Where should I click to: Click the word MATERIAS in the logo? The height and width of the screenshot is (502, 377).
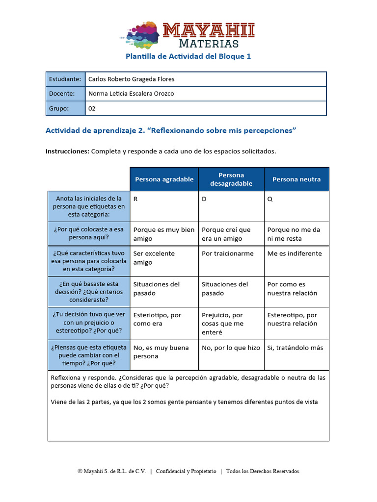pyautogui.click(x=209, y=44)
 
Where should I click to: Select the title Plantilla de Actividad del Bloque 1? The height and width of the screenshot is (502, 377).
pyautogui.click(x=188, y=56)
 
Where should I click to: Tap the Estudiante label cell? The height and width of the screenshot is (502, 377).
pyautogui.click(x=65, y=79)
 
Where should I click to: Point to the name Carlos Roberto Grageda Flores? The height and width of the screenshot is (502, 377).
pyautogui.click(x=131, y=79)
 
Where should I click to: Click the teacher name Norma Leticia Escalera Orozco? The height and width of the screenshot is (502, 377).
pyautogui.click(x=131, y=94)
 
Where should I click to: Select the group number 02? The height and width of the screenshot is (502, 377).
pyautogui.click(x=92, y=108)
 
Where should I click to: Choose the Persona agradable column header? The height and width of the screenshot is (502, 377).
pyautogui.click(x=164, y=179)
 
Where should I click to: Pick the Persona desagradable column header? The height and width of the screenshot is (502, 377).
pyautogui.click(x=231, y=179)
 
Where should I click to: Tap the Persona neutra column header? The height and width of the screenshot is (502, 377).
pyautogui.click(x=296, y=179)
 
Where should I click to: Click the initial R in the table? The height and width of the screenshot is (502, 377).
pyautogui.click(x=135, y=199)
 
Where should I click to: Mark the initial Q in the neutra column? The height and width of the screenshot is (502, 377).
pyautogui.click(x=269, y=199)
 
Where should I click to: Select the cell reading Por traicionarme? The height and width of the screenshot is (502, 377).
pyautogui.click(x=228, y=253)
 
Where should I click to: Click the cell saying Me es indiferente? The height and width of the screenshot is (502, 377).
pyautogui.click(x=295, y=253)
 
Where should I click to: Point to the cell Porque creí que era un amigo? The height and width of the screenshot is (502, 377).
pyautogui.click(x=226, y=234)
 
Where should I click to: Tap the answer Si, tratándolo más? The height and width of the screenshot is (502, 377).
pyautogui.click(x=295, y=348)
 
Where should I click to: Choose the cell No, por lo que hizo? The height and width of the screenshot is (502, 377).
pyautogui.click(x=231, y=348)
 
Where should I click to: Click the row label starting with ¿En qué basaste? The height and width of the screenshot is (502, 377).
pyautogui.click(x=89, y=292)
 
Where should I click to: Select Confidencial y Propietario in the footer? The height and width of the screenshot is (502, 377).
pyautogui.click(x=186, y=471)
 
